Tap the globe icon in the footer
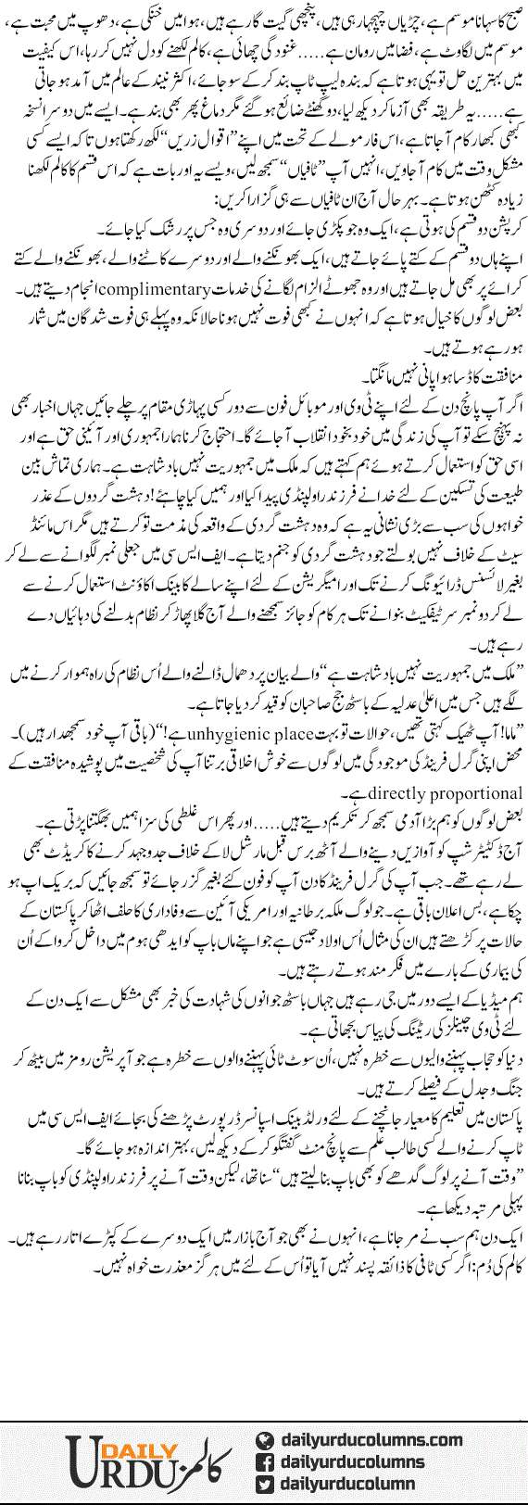point(265,1440)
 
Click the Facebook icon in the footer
point(265,1461)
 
